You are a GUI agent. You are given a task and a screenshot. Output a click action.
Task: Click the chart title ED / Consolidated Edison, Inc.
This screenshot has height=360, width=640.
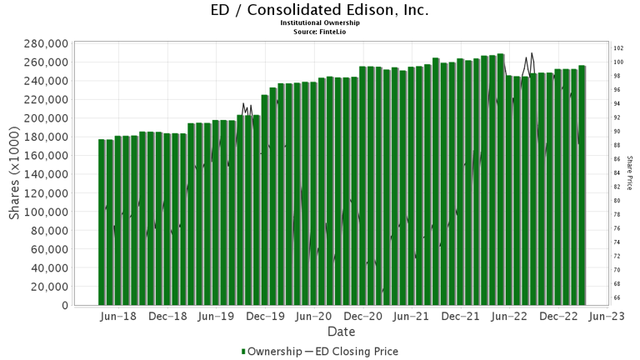[320, 10]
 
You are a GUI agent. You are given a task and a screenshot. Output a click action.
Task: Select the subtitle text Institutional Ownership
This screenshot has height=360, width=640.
[320, 23]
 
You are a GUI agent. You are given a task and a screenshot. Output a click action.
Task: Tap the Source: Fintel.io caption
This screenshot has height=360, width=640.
[320, 32]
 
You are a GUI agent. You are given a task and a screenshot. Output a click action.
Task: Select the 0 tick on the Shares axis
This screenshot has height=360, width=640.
[64, 306]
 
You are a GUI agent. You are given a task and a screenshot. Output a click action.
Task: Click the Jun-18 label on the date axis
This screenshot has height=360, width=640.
[117, 317]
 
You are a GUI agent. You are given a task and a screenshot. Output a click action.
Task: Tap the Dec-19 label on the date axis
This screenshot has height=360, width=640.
[266, 317]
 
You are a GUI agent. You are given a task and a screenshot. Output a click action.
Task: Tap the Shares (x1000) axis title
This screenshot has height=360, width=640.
[15, 174]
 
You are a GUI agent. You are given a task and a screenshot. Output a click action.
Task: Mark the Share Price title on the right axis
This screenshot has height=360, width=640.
[631, 172]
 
